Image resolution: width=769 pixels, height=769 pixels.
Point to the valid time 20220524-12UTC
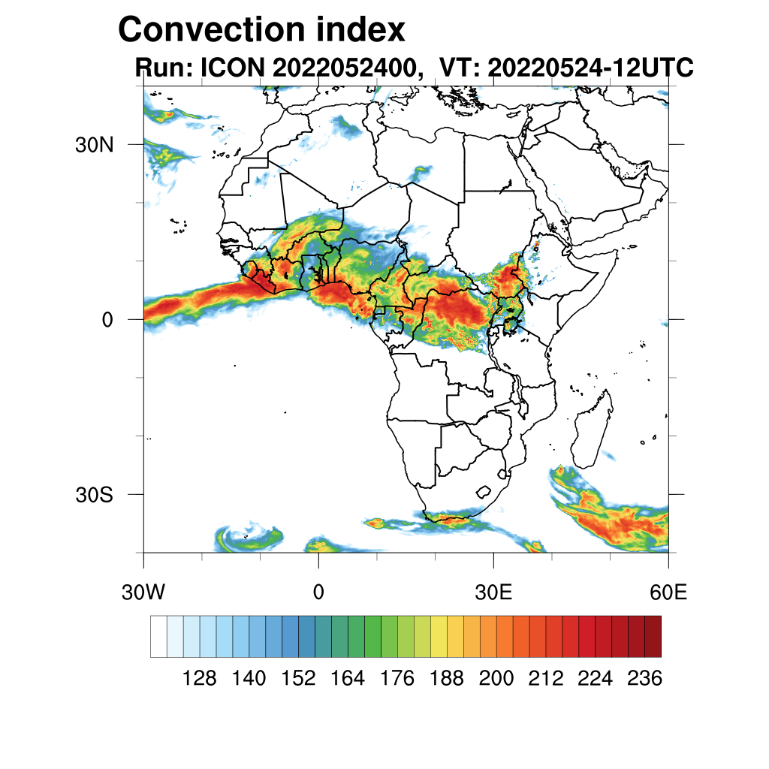[590, 68]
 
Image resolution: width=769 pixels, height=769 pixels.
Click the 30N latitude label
[94, 145]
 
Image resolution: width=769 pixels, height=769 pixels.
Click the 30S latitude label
[94, 496]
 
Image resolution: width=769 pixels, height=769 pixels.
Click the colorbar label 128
[200, 679]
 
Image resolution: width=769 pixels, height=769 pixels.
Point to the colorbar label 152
[298, 679]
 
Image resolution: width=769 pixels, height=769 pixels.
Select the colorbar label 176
[397, 679]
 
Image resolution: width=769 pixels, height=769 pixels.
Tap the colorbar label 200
[496, 679]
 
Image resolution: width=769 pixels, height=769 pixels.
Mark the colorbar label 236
[644, 679]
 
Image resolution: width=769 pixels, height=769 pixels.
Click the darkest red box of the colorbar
[653, 637]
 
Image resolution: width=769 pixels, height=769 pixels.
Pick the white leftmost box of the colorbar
[158, 637]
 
